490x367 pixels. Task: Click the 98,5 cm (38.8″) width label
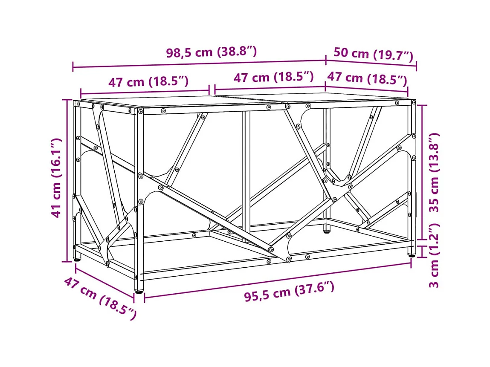pyautogui.click(x=211, y=52)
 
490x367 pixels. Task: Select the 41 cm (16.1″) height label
pyautogui.click(x=56, y=178)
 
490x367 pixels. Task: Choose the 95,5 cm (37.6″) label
pyautogui.click(x=289, y=292)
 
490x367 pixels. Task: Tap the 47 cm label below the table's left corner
pyautogui.click(x=100, y=298)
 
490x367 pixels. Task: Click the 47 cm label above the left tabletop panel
pyautogui.click(x=148, y=82)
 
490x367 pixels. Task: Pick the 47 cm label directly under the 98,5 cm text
pyautogui.click(x=273, y=77)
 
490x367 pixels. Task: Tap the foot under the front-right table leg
pyautogui.click(x=412, y=254)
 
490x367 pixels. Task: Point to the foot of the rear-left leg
pyautogui.click(x=77, y=258)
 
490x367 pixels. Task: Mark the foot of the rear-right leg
pyautogui.click(x=327, y=231)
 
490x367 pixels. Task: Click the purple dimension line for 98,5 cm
pyautogui.click(x=200, y=64)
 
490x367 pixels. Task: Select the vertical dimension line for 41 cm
pyautogui.click(x=67, y=181)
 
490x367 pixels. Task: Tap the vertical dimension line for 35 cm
pyautogui.click(x=423, y=172)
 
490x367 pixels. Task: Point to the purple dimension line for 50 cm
pyautogui.click(x=371, y=63)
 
